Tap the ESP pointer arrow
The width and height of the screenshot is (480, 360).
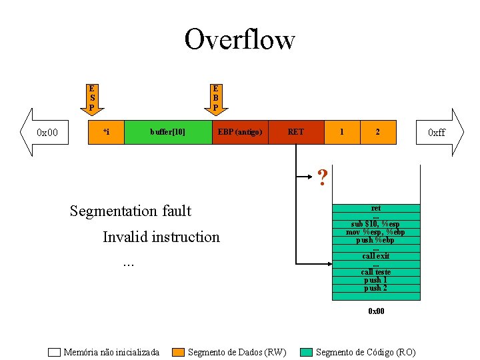pyautogui.click(x=92, y=99)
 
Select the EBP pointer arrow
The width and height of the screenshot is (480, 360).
pyautogui.click(x=215, y=99)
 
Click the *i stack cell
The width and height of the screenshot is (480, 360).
pyautogui.click(x=107, y=132)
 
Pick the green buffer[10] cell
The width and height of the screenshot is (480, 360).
pyautogui.click(x=168, y=132)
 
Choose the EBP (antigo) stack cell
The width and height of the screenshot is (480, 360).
pyautogui.click(x=240, y=132)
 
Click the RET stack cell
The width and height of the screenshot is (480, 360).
pyautogui.click(x=296, y=132)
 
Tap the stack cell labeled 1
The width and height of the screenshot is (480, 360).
pyautogui.click(x=342, y=132)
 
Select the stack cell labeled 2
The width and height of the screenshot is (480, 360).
pyautogui.click(x=377, y=132)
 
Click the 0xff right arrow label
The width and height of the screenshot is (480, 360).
pyautogui.click(x=437, y=133)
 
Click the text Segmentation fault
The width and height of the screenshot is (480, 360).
pyautogui.click(x=131, y=211)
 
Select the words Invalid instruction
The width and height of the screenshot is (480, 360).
pyautogui.click(x=161, y=237)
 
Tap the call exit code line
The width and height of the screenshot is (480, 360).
pyautogui.click(x=376, y=256)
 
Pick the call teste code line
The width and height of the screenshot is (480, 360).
pyautogui.click(x=376, y=272)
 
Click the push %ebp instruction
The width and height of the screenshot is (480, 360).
pyautogui.click(x=375, y=240)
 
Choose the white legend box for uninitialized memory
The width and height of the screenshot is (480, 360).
pyautogui.click(x=55, y=352)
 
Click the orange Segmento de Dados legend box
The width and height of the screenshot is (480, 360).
pyautogui.click(x=178, y=352)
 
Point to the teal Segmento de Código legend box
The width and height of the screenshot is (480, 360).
pyautogui.click(x=306, y=352)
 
